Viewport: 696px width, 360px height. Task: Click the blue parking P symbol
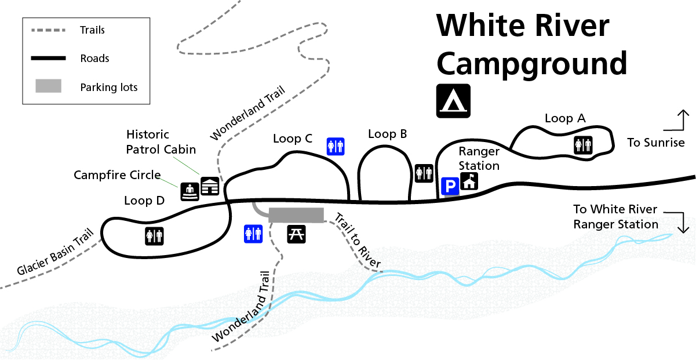pos(450,186)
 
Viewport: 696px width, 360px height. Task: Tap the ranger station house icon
pos(469,182)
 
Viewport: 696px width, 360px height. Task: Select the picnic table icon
pos(297,234)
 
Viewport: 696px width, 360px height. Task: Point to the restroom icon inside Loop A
pos(582,145)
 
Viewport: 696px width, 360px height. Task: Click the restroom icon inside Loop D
pos(155,235)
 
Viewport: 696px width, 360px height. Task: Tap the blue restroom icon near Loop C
pos(336,146)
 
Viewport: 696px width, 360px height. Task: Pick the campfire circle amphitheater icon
pos(190,191)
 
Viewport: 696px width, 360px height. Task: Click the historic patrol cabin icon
pos(210,186)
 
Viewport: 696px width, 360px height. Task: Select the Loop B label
pos(388,134)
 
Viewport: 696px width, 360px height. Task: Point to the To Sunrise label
pos(656,143)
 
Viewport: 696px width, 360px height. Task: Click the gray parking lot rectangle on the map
pos(296,215)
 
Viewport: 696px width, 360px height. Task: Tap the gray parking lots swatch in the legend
pos(49,86)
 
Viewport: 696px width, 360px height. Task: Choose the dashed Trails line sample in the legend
pos(48,30)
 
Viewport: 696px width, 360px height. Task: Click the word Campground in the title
pos(532,64)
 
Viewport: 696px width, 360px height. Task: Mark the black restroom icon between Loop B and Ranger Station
pos(424,173)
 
